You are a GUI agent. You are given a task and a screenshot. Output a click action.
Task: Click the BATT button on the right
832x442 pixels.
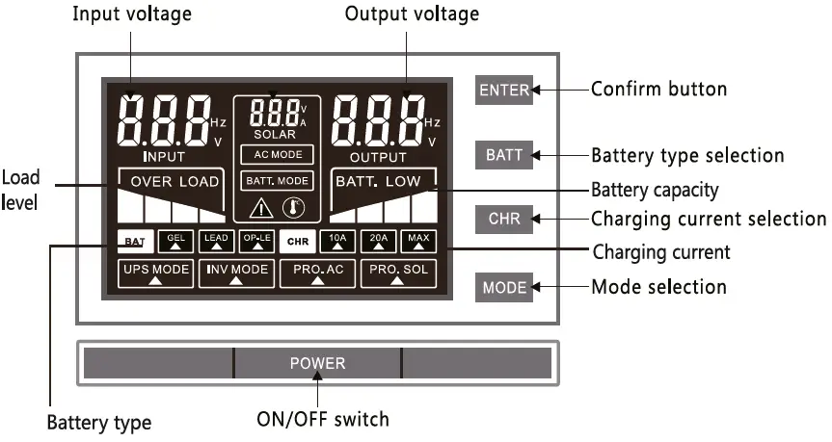coord(504,155)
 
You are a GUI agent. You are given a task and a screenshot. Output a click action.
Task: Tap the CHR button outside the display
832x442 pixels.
coord(504,219)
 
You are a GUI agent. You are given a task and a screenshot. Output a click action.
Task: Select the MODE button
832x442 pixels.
coord(504,287)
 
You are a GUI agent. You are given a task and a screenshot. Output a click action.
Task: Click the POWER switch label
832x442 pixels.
coord(317,363)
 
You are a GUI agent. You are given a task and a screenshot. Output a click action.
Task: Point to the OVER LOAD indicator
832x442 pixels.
coord(171,181)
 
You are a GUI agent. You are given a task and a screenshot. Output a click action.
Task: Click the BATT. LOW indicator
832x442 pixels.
coord(383,181)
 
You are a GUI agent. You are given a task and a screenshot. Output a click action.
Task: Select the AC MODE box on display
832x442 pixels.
coord(277,154)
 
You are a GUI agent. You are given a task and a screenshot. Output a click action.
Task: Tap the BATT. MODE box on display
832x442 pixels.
coord(277,179)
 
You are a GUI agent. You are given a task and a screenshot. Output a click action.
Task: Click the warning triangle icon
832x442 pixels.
coord(262,207)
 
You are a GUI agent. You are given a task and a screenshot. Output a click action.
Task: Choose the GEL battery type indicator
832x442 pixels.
coord(175,241)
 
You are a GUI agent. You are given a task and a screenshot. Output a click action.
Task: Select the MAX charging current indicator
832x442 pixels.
coord(417,241)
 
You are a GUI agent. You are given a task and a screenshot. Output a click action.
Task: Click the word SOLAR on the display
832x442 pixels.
coord(277,134)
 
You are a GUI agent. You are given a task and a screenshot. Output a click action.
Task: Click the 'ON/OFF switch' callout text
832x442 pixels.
coord(322,420)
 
